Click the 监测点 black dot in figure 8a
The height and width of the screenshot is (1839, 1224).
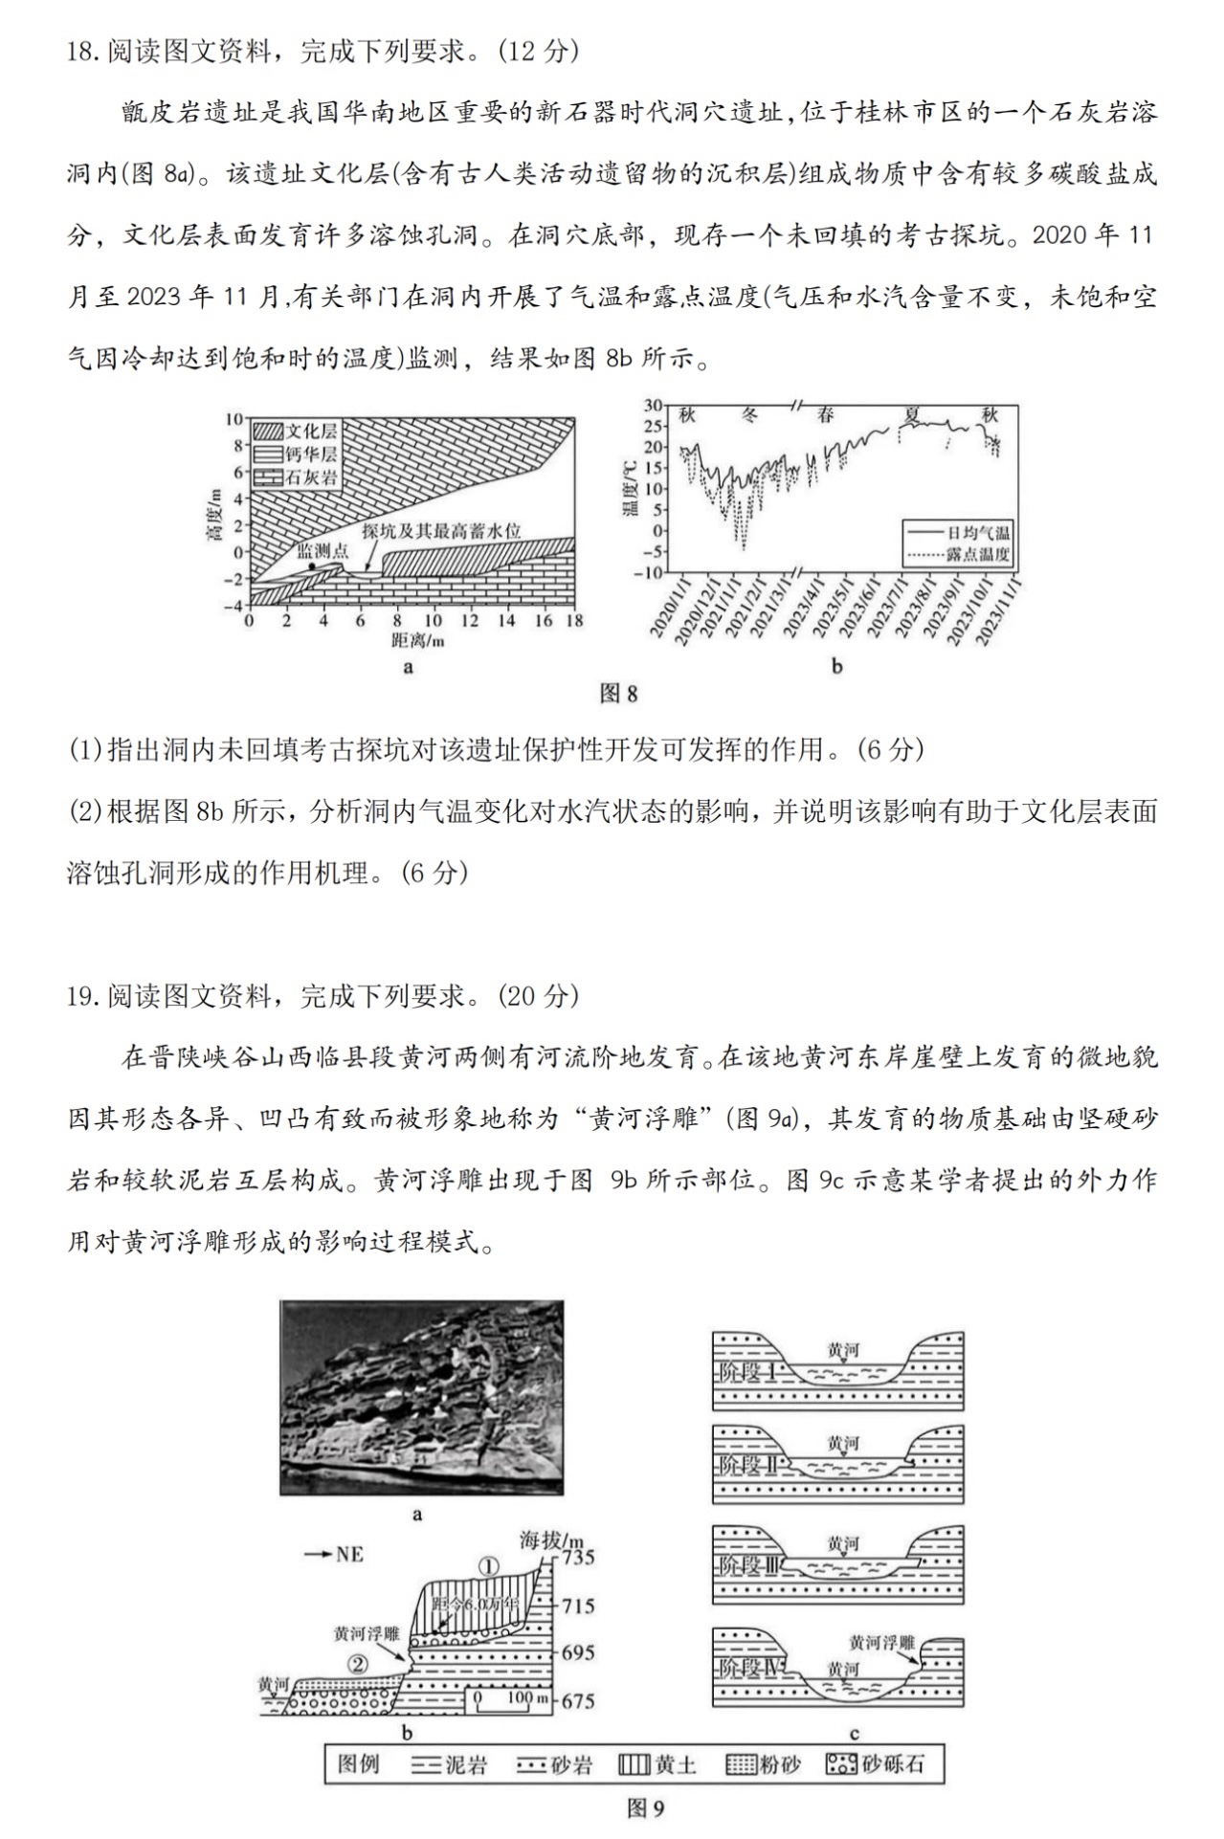(312, 566)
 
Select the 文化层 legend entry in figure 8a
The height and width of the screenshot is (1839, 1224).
(296, 432)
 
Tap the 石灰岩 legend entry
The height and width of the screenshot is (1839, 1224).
(296, 476)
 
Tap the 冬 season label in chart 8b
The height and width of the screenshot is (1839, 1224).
(751, 415)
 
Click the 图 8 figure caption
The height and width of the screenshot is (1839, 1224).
(617, 694)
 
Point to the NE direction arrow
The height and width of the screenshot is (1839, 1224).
(334, 1554)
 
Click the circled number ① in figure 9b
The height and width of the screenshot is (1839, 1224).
(488, 1566)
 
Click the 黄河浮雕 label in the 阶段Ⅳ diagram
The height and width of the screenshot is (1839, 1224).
(880, 1642)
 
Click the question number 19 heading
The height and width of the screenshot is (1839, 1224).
(84, 996)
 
